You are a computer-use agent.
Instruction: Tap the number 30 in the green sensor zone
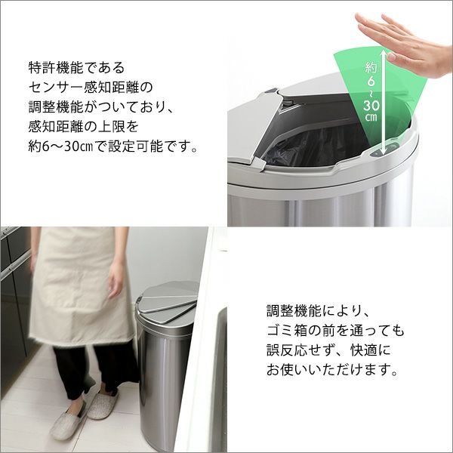point(371,105)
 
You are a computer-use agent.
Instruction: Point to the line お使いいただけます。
point(331,371)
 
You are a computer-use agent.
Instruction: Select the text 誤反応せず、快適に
point(330,351)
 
